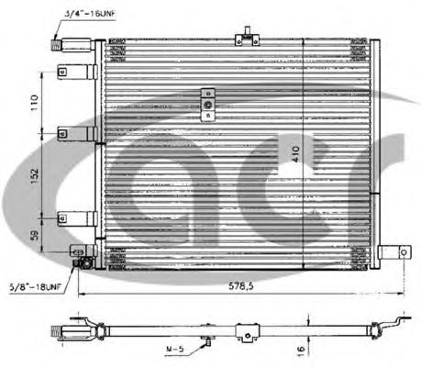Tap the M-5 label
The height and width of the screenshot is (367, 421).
[175, 350]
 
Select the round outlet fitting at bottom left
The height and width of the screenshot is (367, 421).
[84, 262]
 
